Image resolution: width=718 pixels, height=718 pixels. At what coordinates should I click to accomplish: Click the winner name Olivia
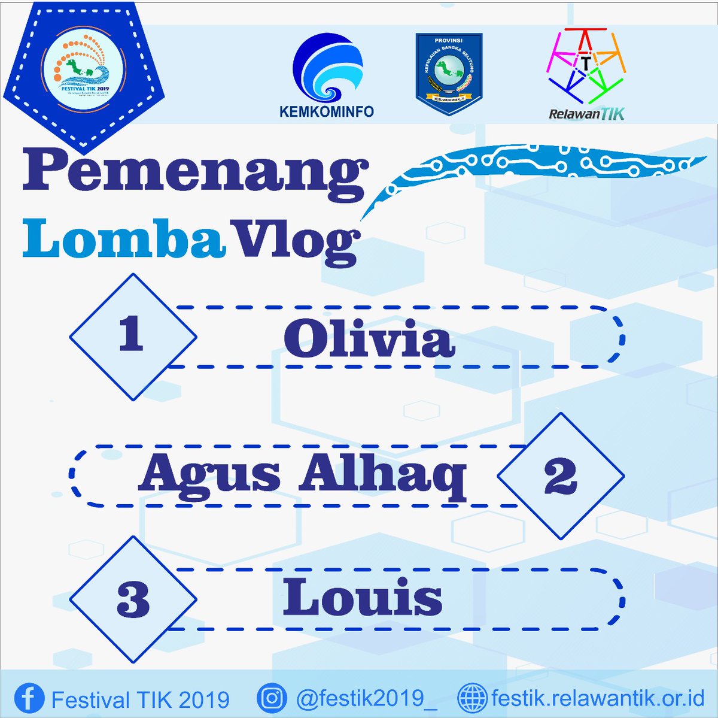[x=369, y=338]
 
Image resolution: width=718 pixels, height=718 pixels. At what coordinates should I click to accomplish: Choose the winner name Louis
[x=363, y=598]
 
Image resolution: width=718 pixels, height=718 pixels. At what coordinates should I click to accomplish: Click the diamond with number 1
[x=133, y=337]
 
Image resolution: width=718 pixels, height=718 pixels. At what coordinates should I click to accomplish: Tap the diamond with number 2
[x=561, y=476]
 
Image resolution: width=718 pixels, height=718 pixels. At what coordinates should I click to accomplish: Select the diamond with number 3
[x=133, y=599]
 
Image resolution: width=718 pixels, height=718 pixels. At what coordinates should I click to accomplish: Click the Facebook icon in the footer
[x=29, y=698]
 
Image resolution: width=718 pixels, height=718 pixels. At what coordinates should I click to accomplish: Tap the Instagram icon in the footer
[x=272, y=698]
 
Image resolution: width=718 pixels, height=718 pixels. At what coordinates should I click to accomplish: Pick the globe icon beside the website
[x=472, y=698]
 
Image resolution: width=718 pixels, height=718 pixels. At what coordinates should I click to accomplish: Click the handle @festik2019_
[x=366, y=699]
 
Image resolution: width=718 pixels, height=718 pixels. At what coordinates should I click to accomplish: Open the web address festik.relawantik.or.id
[x=598, y=698]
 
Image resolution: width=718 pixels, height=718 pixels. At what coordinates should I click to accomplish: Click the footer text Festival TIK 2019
[x=141, y=699]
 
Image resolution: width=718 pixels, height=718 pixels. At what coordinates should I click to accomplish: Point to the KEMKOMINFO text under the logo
[x=327, y=111]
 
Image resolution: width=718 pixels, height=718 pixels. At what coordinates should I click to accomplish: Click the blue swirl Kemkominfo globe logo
[x=327, y=69]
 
